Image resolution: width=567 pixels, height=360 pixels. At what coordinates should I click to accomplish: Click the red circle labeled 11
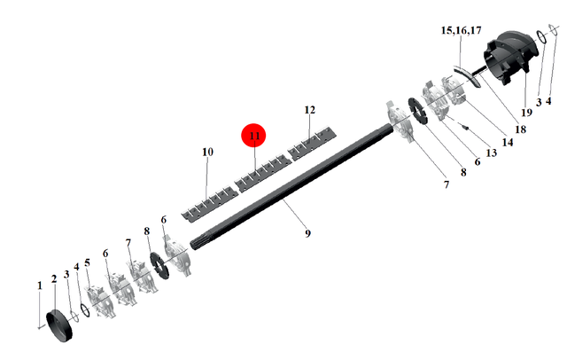253,136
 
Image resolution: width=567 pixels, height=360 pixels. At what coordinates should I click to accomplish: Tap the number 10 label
207,152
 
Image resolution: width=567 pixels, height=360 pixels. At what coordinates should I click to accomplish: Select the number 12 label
310,110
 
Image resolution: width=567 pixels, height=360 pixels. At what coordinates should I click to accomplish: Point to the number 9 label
307,233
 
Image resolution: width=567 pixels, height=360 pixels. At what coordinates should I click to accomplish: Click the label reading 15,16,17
461,30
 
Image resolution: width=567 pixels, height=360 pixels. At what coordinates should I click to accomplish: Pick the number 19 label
526,113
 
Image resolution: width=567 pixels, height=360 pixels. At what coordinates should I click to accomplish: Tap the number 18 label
520,129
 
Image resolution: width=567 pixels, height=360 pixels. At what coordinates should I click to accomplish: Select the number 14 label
508,142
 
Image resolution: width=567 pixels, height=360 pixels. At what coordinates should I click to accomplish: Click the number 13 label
491,153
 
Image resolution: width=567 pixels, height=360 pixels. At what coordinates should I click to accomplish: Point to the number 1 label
40,286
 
